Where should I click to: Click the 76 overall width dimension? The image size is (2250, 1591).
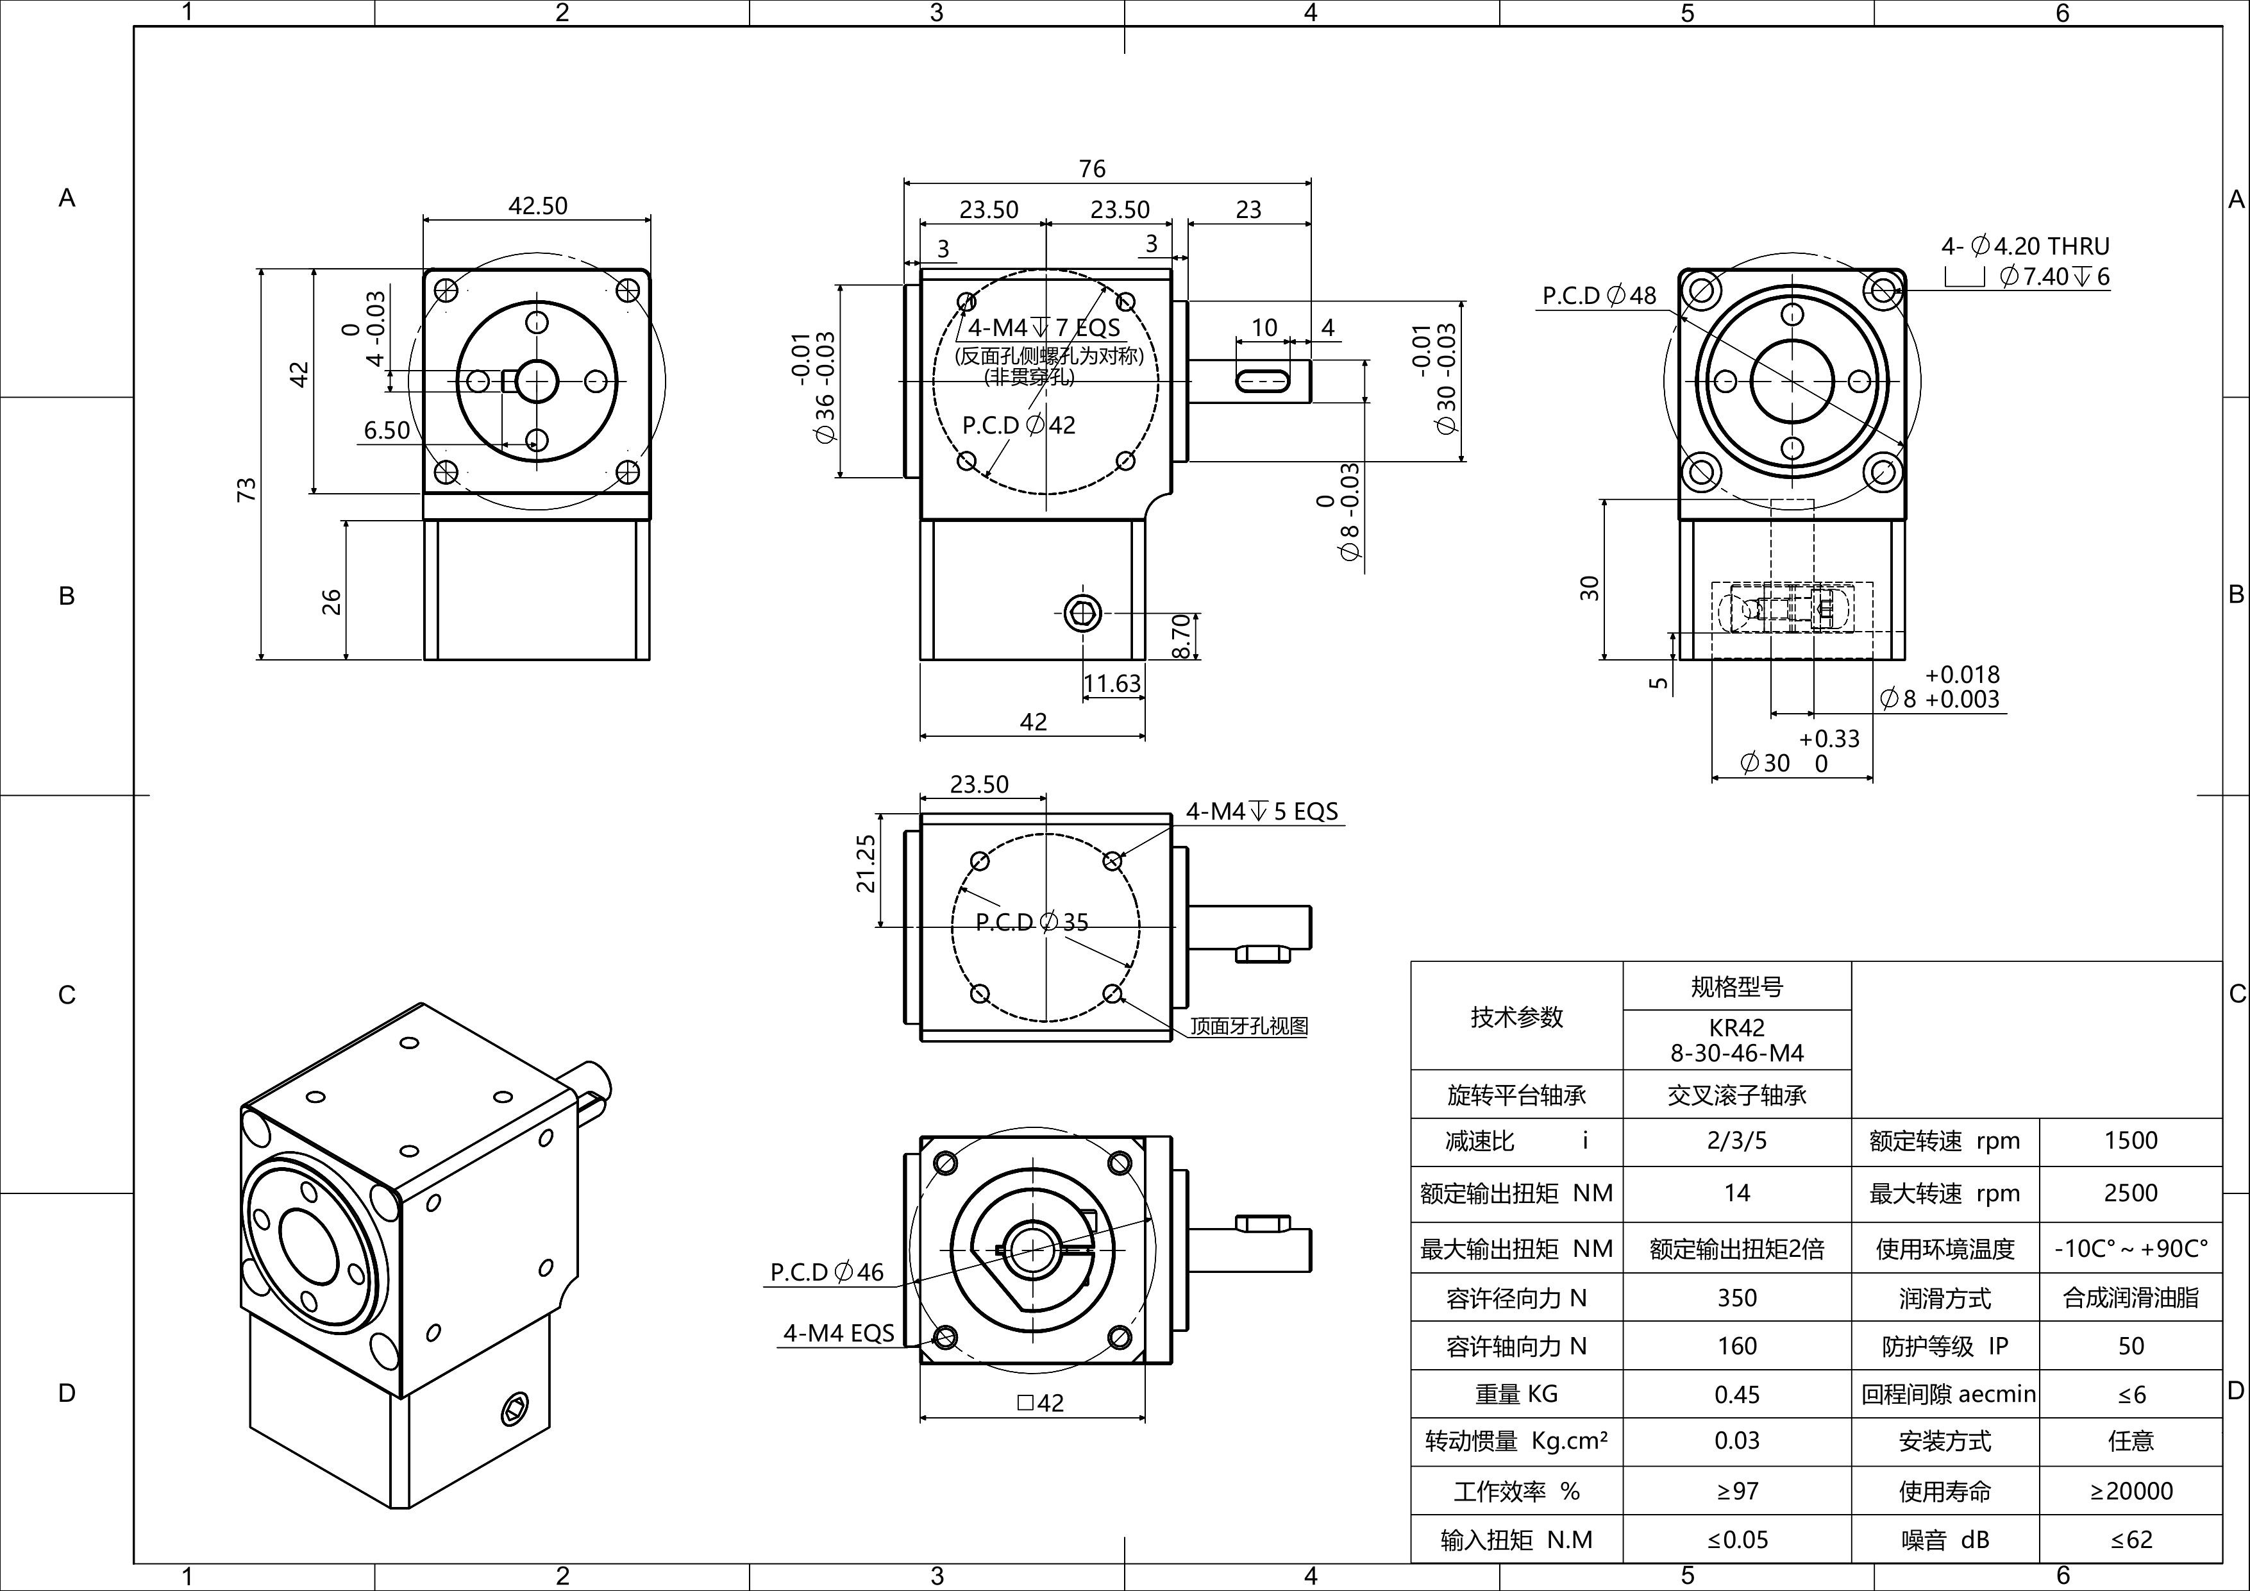(1092, 169)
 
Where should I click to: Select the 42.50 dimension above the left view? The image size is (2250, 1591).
(537, 206)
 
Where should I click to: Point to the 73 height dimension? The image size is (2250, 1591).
(247, 489)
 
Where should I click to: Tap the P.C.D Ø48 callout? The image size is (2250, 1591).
(1599, 295)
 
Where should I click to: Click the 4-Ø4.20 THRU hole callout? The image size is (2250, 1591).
(2024, 246)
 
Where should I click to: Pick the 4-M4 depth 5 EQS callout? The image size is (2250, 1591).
(1261, 812)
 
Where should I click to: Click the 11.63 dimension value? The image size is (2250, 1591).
(1112, 682)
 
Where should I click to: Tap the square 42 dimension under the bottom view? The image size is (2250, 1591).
(1040, 1402)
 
